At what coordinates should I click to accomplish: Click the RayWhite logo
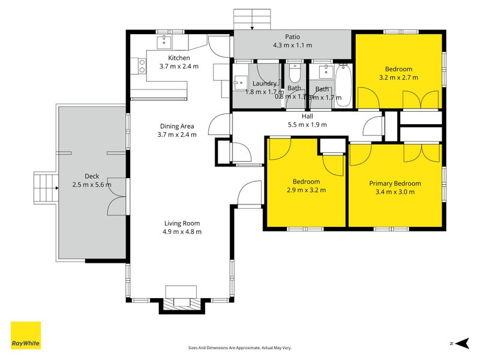coord(26,335)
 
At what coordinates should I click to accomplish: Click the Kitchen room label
coord(179,58)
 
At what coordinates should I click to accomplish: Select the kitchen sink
coord(164,41)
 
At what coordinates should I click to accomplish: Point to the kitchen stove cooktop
coord(143,65)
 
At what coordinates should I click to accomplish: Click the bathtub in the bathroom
coord(344,85)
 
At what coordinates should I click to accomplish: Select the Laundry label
coord(264,83)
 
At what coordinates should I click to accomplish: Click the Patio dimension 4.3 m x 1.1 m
coord(292,45)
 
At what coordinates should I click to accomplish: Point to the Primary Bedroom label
coord(395,184)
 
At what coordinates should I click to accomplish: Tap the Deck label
coord(92,176)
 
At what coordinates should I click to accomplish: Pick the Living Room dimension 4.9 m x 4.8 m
coord(182,232)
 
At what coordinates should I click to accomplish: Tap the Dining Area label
coord(176,126)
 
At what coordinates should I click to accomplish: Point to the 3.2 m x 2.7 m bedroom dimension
coord(398,77)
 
